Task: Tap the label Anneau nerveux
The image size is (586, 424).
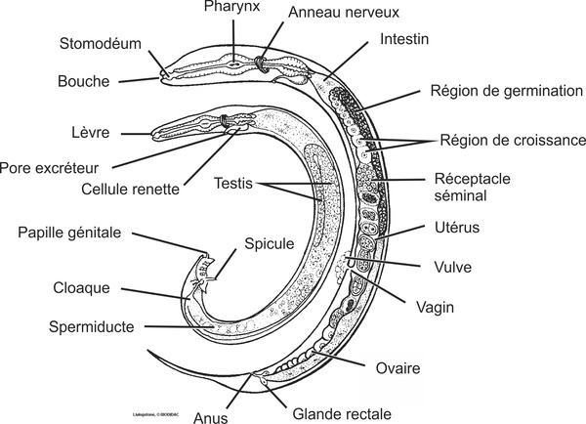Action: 336,14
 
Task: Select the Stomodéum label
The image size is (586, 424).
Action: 99,44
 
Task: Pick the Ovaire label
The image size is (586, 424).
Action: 398,368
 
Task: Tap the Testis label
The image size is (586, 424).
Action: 234,182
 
